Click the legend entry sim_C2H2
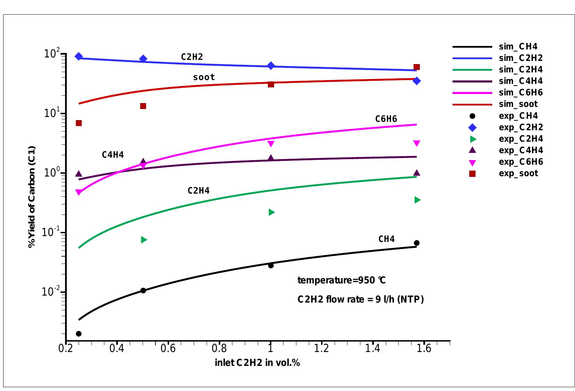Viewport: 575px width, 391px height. [520, 58]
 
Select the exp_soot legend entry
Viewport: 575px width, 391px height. [518, 173]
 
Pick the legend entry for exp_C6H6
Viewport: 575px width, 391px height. [520, 162]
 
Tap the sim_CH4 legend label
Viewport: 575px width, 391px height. [518, 47]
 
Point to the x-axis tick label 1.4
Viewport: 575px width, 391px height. [373, 349]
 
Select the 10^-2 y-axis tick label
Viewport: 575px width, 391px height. [51, 291]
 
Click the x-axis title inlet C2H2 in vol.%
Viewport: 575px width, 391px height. [257, 363]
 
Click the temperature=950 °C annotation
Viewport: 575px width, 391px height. [341, 280]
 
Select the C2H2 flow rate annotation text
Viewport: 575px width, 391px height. [360, 299]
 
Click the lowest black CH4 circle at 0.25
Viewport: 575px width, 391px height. [79, 334]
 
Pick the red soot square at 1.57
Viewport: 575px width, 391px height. [416, 67]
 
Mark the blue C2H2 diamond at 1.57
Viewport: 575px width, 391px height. [416, 81]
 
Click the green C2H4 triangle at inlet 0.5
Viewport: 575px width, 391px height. [144, 240]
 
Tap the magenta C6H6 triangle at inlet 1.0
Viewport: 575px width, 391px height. [271, 143]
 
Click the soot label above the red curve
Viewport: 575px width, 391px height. [204, 77]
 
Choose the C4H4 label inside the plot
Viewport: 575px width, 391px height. [113, 155]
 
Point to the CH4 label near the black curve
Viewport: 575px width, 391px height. [386, 239]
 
